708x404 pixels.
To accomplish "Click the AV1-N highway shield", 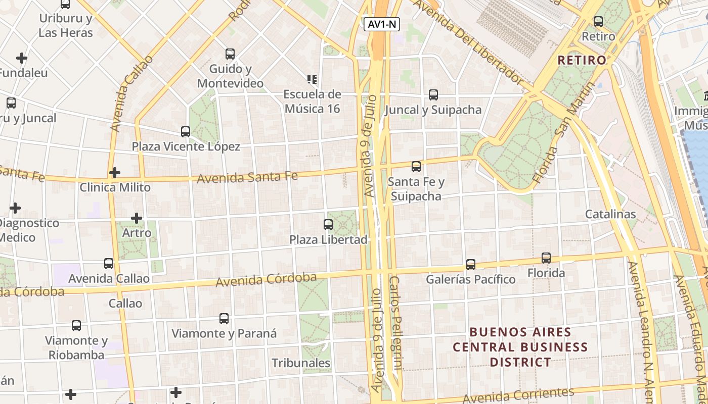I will click(x=381, y=24).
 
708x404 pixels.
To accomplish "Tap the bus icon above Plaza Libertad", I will click(x=328, y=225).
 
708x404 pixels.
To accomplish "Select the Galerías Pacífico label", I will click(x=470, y=279).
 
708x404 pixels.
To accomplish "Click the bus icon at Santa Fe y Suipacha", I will click(x=416, y=167).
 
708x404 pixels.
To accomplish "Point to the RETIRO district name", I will click(x=582, y=60).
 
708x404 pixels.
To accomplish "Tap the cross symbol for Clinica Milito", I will click(x=115, y=173).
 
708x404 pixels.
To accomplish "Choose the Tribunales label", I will click(x=301, y=363).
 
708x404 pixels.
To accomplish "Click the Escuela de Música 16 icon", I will click(x=312, y=79).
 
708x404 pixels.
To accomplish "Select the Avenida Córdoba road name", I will click(x=266, y=280).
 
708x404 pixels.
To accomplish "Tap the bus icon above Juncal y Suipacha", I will click(x=433, y=95).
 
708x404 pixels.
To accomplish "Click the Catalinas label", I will click(x=610, y=214).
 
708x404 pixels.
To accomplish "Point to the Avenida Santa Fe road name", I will click(x=247, y=177).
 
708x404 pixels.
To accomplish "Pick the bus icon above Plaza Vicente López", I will click(x=186, y=132).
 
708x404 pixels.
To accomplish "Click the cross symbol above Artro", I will click(x=137, y=218).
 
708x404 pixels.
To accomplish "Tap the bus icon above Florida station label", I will click(x=546, y=258).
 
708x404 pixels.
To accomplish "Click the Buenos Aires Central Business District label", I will click(x=520, y=347).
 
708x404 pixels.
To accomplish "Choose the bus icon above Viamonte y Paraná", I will click(x=224, y=319).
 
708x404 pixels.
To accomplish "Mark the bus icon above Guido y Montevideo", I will click(x=230, y=54).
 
